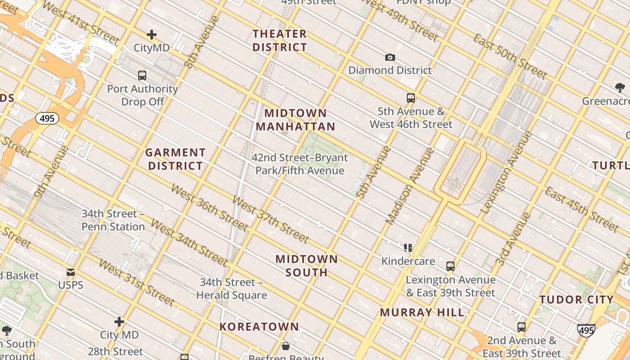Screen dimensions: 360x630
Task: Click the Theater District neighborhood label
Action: coord(279,40)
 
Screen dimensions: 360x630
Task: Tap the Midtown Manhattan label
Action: coord(296,120)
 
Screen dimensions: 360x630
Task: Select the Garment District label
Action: coord(175,159)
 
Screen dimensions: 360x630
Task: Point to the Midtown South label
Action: coord(306,265)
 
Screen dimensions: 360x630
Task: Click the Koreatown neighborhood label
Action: coord(259,327)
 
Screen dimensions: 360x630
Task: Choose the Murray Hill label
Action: coord(422,312)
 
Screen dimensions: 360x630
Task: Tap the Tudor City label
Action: coord(576,300)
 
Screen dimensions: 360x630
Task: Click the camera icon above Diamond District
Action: coord(390,57)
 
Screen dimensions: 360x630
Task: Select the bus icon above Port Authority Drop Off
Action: coord(142,75)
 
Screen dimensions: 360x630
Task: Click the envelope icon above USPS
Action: coord(71,272)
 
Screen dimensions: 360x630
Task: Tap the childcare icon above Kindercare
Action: coord(408,247)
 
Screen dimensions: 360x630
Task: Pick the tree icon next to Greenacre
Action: coord(620,87)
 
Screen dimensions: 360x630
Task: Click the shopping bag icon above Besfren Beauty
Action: coord(285,346)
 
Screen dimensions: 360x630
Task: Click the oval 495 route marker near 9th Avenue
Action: coord(47,119)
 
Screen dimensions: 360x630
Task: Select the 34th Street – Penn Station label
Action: coord(113,220)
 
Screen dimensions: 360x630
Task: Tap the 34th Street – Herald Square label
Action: coord(232,289)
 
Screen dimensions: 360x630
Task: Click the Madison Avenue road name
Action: coord(410,186)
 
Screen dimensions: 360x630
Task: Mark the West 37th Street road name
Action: coord(270,219)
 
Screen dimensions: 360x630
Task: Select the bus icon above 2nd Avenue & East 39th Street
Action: coord(522,327)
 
